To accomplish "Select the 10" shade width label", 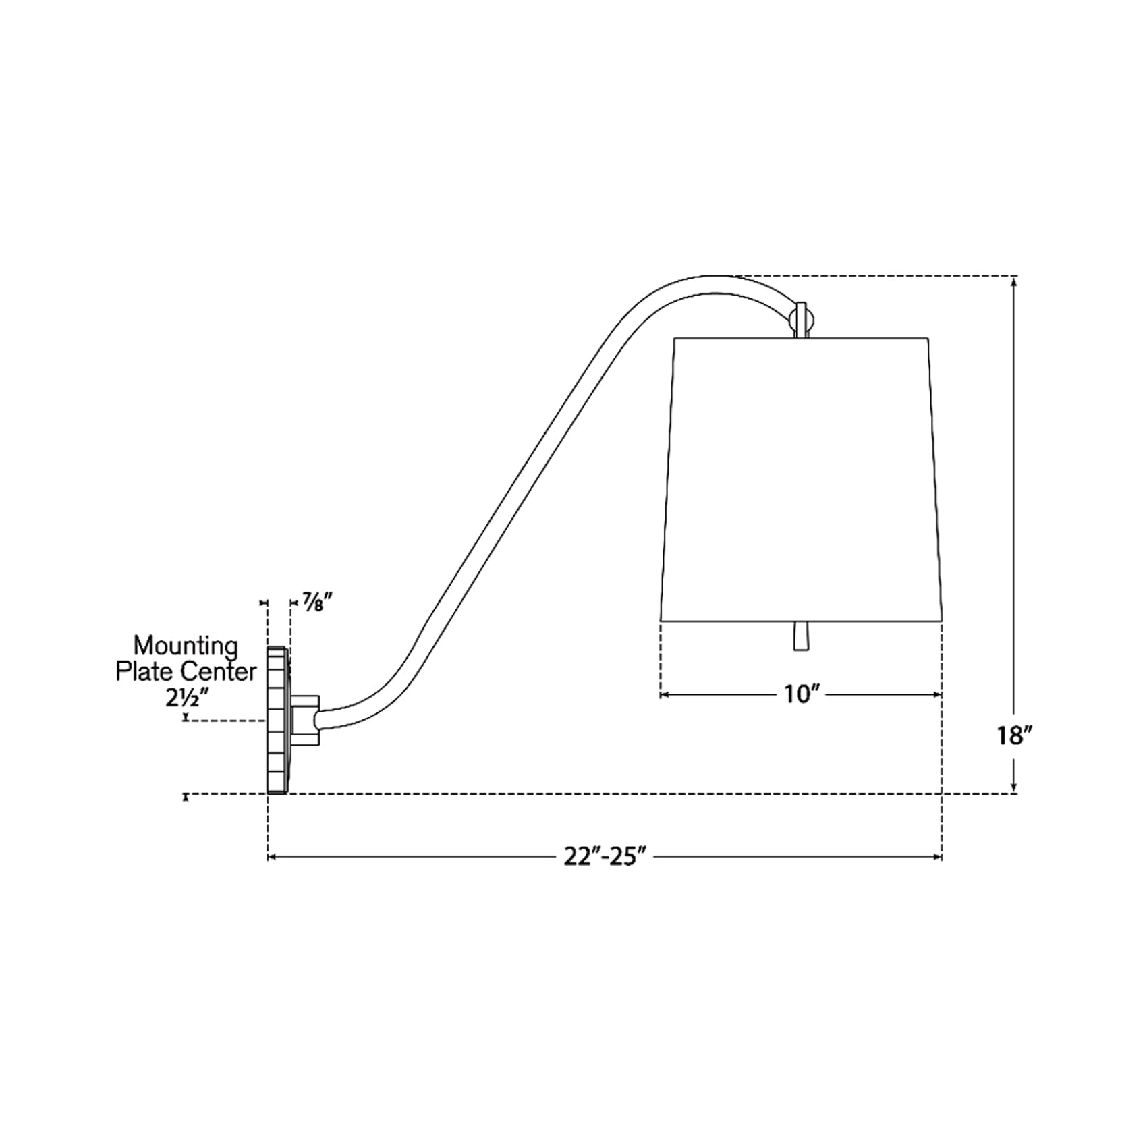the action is point(801,694).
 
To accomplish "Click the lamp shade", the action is point(801,478).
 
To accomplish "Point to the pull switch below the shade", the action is point(801,636).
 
